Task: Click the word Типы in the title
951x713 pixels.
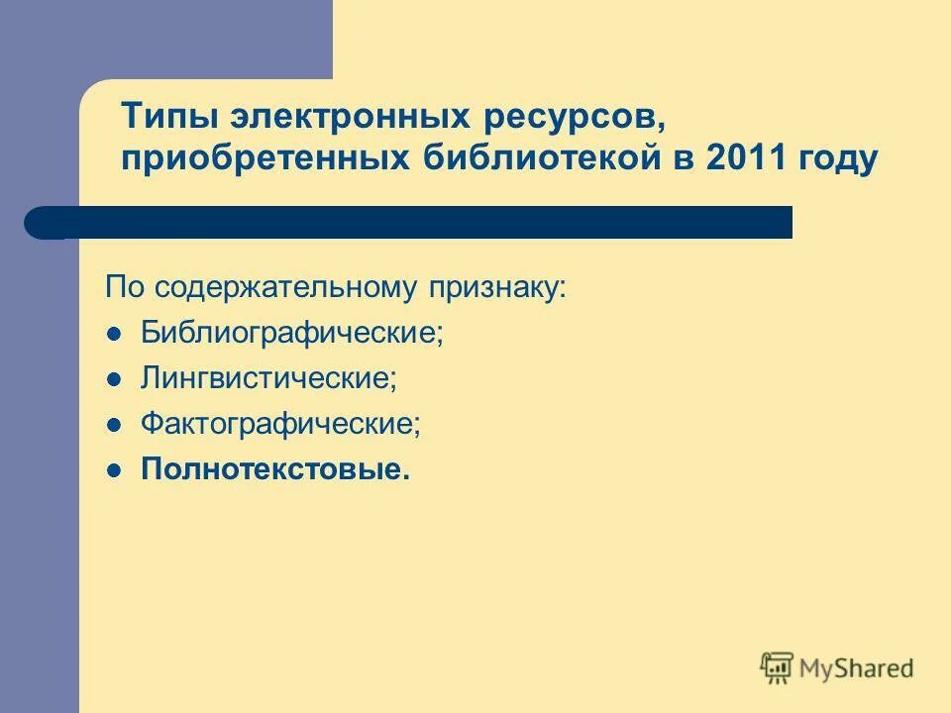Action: [x=169, y=118]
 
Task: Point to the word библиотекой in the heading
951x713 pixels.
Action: [x=540, y=159]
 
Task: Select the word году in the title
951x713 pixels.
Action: [x=842, y=161]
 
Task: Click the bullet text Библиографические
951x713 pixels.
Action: [x=292, y=333]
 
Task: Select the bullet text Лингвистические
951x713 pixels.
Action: [x=268, y=378]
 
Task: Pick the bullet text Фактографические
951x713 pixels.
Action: [x=280, y=424]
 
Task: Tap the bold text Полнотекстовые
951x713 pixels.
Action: [x=275, y=469]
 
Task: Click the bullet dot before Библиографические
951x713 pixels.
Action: [x=114, y=333]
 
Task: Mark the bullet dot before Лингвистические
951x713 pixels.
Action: [x=114, y=378]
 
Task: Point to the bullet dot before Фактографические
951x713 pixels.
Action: [x=114, y=424]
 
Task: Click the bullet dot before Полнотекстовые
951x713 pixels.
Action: [x=114, y=469]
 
